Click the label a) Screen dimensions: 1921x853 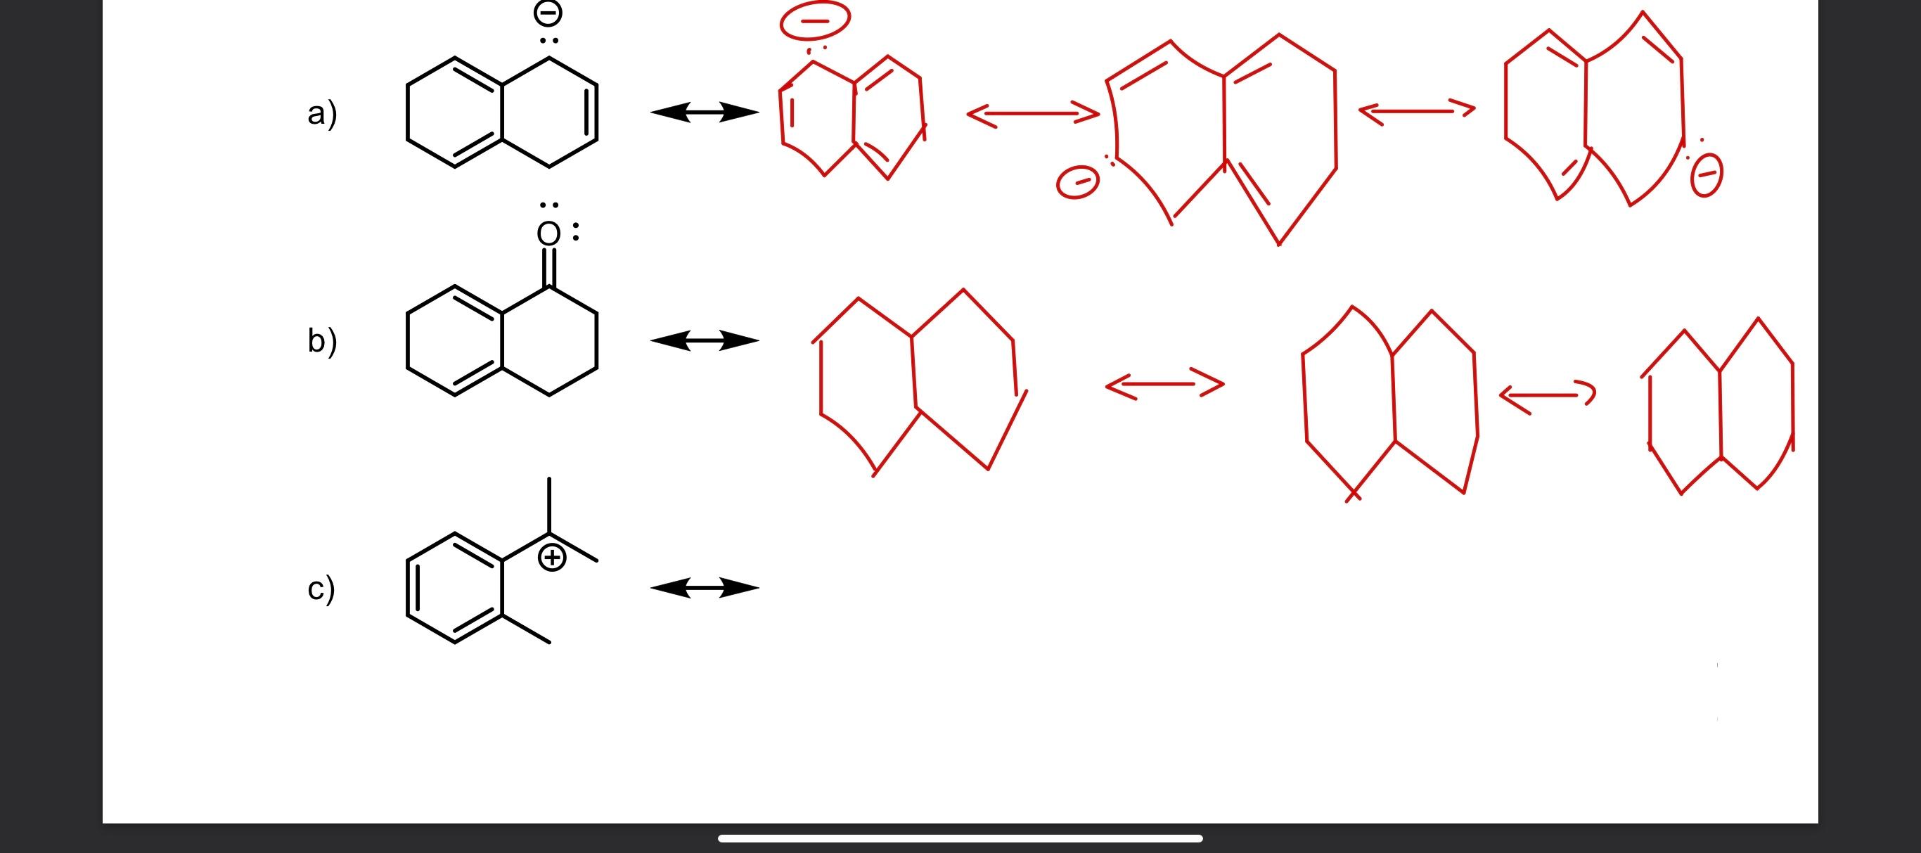[322, 114]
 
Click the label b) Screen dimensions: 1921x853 [322, 342]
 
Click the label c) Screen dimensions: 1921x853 [321, 589]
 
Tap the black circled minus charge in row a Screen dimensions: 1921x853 [548, 13]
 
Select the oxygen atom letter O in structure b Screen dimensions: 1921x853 [548, 234]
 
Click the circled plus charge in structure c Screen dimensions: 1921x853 [551, 558]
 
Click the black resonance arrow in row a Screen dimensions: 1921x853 [705, 113]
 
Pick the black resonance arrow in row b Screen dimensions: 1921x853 [705, 341]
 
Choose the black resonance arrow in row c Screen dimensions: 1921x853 [705, 588]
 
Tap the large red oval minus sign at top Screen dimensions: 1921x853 [814, 21]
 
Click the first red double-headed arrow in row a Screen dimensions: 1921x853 [1033, 115]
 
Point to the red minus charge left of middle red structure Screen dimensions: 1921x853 [1078, 183]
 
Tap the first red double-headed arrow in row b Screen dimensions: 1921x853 [1164, 384]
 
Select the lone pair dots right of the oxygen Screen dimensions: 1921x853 [576, 231]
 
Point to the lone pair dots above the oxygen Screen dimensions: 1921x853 [549, 205]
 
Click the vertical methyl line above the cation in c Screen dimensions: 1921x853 [549, 506]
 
